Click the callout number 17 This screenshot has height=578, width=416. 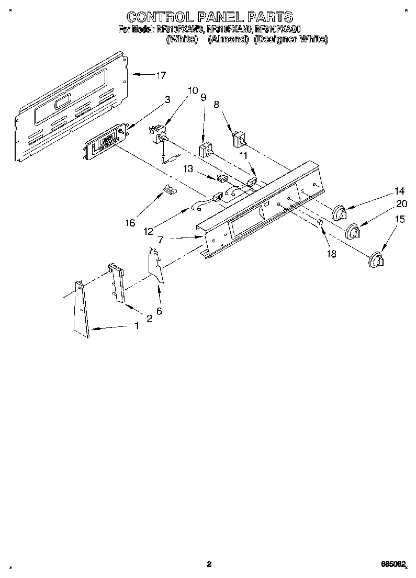pyautogui.click(x=161, y=75)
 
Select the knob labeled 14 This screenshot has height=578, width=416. pyautogui.click(x=340, y=213)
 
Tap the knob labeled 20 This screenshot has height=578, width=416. pyautogui.click(x=354, y=230)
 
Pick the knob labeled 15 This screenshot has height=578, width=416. pyautogui.click(x=376, y=260)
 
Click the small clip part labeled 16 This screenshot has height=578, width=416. pyautogui.click(x=168, y=189)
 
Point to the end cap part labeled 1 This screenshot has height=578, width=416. pyautogui.click(x=81, y=309)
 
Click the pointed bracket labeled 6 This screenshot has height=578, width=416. pyautogui.click(x=156, y=264)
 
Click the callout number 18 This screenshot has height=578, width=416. pyautogui.click(x=331, y=254)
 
